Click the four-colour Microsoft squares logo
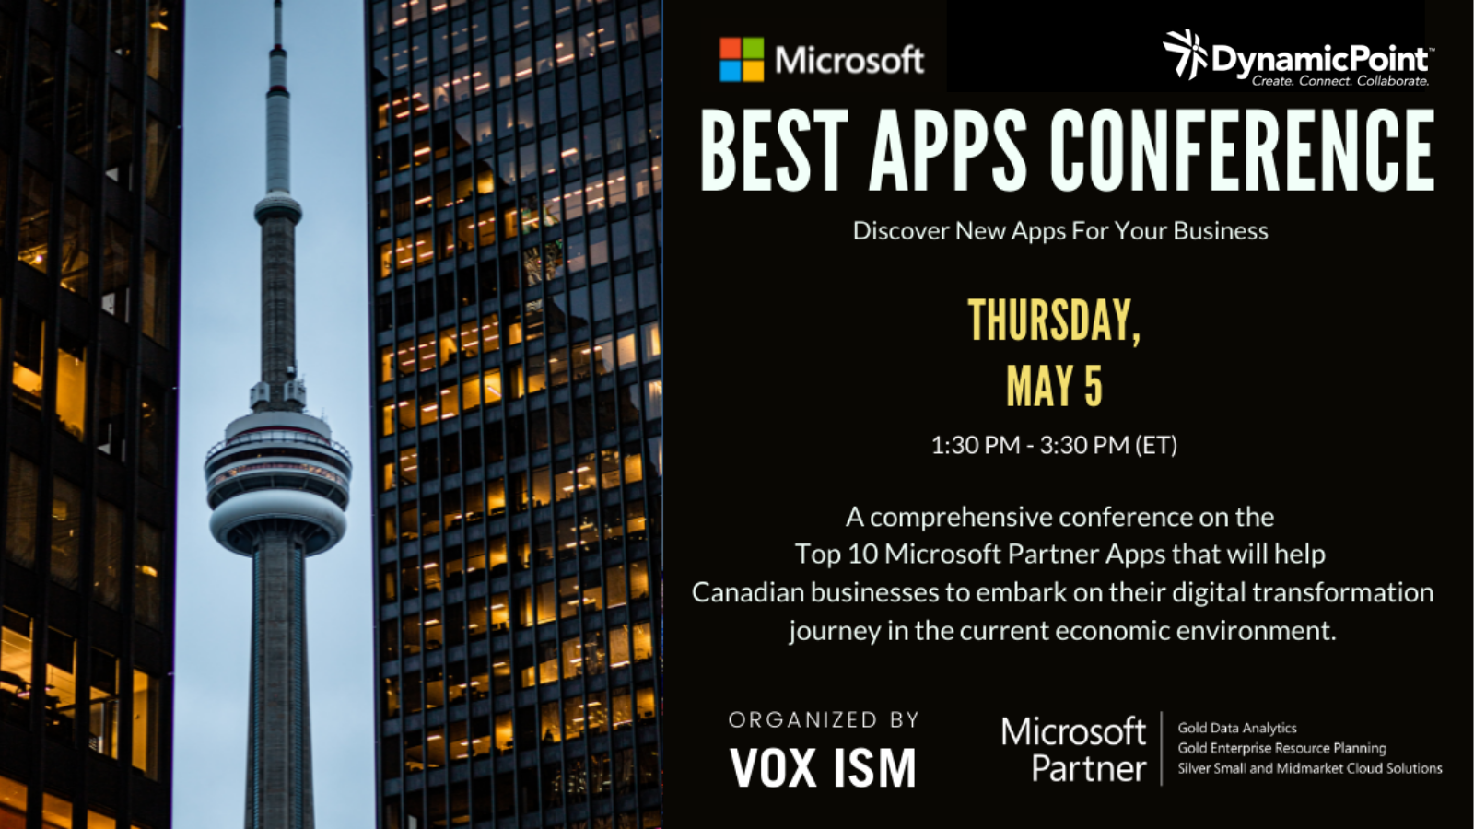coord(742,59)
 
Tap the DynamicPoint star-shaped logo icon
coord(1185,54)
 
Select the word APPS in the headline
coord(948,150)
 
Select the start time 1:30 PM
coord(976,445)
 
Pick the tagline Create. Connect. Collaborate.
coord(1339,81)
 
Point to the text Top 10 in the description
coord(836,554)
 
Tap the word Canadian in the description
coord(748,592)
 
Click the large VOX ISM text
coord(823,767)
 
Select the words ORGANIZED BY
coord(824,719)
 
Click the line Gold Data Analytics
coord(1237,729)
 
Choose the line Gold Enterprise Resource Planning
coord(1281,748)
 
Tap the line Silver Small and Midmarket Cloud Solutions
coord(1309,768)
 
